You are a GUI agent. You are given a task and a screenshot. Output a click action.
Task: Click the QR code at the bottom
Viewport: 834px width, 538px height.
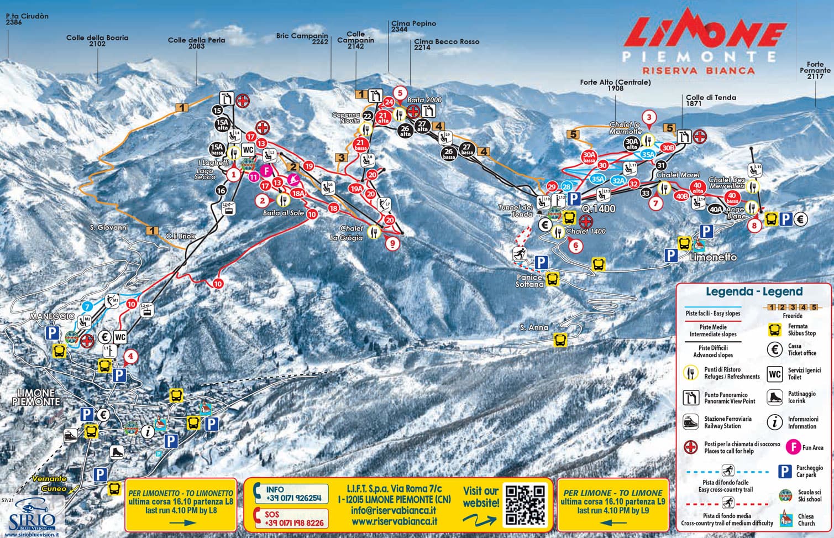(525, 504)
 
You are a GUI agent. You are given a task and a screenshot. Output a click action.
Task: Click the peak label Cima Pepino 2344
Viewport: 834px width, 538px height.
(413, 27)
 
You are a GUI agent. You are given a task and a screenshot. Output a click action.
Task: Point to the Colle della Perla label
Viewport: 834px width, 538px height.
(196, 43)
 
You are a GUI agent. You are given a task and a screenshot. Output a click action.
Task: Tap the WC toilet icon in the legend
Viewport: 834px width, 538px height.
(775, 374)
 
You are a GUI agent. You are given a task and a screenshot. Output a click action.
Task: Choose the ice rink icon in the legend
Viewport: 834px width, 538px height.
(775, 397)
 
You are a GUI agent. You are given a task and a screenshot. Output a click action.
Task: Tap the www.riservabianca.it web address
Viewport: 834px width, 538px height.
(394, 521)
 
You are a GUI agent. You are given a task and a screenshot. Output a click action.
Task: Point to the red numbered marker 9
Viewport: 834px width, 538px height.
(392, 243)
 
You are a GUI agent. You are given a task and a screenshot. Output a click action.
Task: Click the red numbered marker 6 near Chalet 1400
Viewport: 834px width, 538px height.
(575, 245)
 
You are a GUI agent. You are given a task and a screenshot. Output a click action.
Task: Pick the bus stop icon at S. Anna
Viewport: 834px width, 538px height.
(560, 339)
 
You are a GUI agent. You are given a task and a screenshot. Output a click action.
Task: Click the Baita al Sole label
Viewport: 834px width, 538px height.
(284, 213)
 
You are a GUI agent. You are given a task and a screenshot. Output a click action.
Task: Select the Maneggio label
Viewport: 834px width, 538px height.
(53, 316)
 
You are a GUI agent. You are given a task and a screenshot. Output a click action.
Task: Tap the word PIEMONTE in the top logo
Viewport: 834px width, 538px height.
(699, 56)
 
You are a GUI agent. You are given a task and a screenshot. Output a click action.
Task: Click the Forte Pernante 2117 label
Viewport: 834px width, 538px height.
(815, 70)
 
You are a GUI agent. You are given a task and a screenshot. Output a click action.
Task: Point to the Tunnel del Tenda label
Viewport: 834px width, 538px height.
(515, 211)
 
